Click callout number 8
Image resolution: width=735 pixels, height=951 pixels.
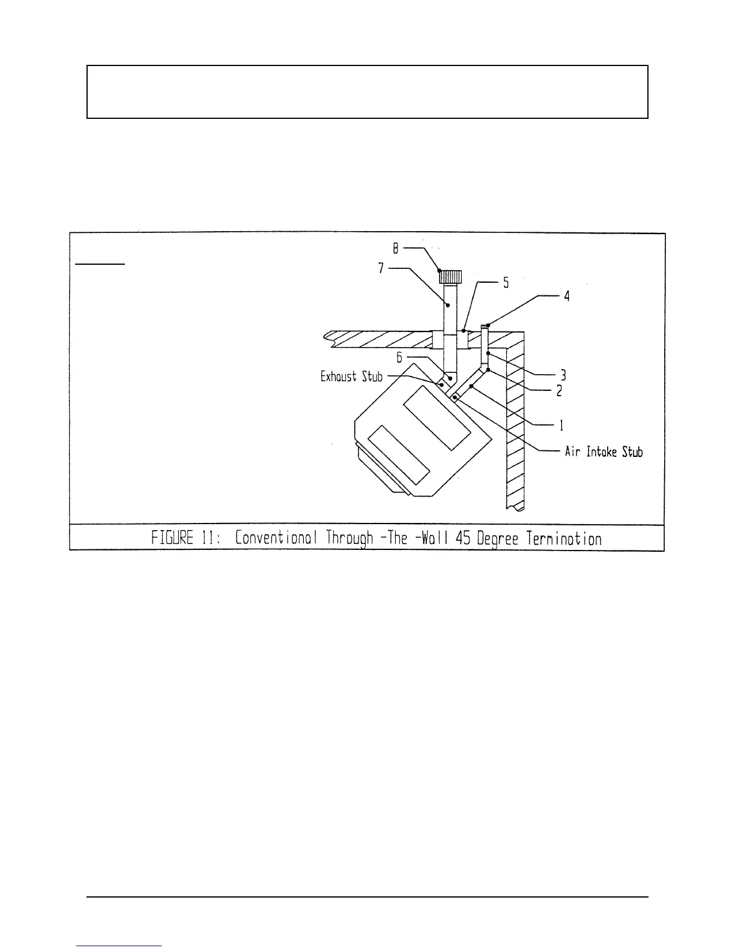396,247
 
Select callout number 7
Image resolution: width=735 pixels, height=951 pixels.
381,268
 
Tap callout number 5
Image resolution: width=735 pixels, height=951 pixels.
506,282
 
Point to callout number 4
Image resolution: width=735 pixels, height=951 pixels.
566,296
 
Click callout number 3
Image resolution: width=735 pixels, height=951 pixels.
563,375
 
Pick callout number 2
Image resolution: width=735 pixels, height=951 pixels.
558,390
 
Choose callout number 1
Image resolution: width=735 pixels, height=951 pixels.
561,426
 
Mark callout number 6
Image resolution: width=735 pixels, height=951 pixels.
399,358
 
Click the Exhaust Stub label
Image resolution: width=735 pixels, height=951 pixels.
351,376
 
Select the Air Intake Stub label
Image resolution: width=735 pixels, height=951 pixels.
603,451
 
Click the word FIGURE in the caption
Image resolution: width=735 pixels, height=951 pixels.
173,537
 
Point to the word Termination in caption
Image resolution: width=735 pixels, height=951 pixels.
564,537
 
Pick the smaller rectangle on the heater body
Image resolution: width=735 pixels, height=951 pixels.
399,455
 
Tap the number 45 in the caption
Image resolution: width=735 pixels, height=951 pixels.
462,537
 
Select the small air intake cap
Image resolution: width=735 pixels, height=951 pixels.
486,326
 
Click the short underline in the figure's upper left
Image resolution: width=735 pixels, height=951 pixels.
100,263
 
